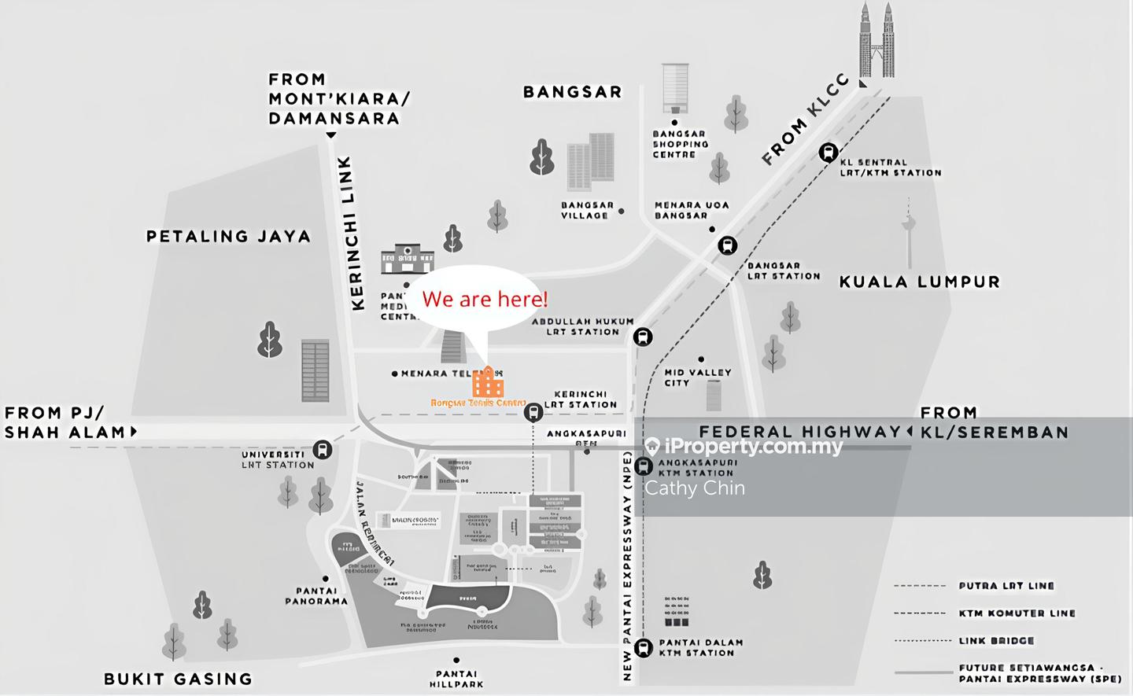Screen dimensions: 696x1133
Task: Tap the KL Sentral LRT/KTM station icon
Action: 828,153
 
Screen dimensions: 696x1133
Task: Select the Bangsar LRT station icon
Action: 728,245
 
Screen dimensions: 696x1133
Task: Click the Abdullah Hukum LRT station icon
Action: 643,337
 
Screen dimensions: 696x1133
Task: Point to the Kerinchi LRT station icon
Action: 533,412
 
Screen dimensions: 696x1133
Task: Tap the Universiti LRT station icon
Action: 322,450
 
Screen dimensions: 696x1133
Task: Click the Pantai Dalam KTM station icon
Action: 643,647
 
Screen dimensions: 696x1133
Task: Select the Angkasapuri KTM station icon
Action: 643,466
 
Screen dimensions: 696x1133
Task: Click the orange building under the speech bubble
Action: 488,383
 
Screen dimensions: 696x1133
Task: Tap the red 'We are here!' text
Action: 485,299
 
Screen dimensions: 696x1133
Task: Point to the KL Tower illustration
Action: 910,232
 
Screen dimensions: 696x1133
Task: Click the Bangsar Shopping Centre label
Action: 680,144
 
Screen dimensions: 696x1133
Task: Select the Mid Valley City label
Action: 697,377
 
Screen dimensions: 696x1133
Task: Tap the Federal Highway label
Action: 799,432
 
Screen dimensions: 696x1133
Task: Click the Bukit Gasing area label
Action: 178,679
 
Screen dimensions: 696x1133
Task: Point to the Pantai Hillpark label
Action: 456,679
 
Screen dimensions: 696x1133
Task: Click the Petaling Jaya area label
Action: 228,236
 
